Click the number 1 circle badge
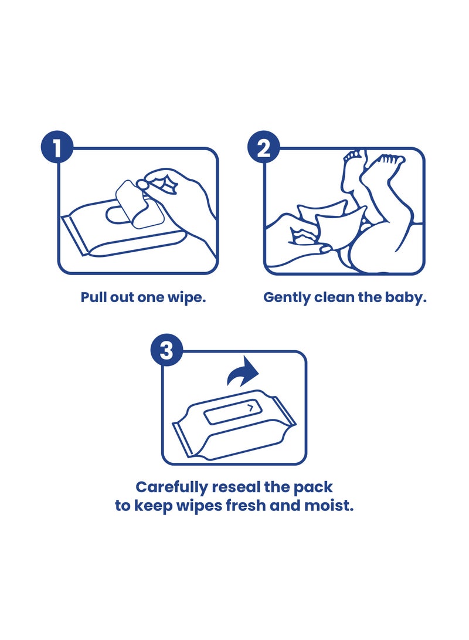click(x=57, y=147)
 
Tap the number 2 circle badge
click(x=264, y=147)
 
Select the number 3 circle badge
click(x=167, y=350)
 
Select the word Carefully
click(x=172, y=487)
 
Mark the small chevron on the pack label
click(x=250, y=407)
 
